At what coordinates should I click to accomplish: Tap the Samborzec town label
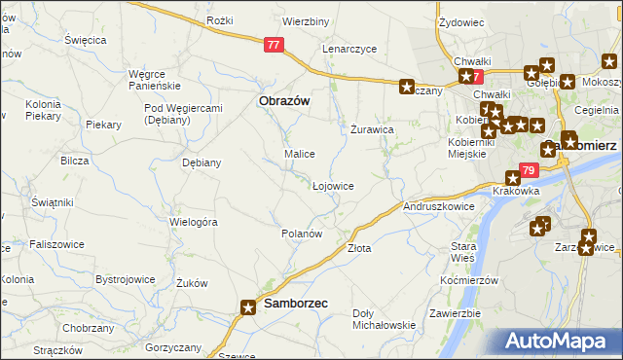(296, 305)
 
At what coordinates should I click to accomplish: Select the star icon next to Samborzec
(248, 306)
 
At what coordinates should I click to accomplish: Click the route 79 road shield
(528, 170)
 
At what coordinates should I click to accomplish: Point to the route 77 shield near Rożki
(275, 44)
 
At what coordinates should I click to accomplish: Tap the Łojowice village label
(332, 185)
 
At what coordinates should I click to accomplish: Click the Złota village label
(359, 248)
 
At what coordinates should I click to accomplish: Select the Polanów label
(301, 234)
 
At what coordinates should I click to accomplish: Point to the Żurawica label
(371, 128)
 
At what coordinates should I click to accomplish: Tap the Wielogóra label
(193, 222)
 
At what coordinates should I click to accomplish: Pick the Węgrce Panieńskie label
(155, 79)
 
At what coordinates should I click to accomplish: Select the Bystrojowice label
(126, 279)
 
